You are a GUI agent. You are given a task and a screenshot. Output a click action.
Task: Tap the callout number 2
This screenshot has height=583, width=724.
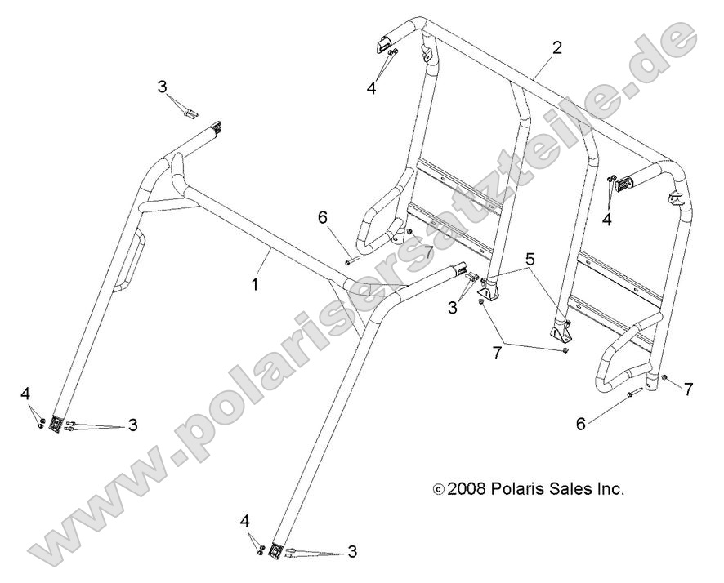[556, 47]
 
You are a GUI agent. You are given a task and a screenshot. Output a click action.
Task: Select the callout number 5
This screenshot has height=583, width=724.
[530, 260]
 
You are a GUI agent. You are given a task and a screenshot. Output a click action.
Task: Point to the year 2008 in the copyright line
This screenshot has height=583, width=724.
[467, 489]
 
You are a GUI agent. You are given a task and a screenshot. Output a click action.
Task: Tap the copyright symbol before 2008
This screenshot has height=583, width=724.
[438, 490]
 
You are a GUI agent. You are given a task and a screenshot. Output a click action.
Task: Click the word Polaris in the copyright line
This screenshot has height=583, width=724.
[518, 489]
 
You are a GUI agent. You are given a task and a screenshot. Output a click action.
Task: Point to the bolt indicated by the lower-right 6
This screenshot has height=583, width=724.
[631, 396]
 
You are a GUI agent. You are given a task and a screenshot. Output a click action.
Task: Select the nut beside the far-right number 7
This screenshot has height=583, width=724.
[666, 378]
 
